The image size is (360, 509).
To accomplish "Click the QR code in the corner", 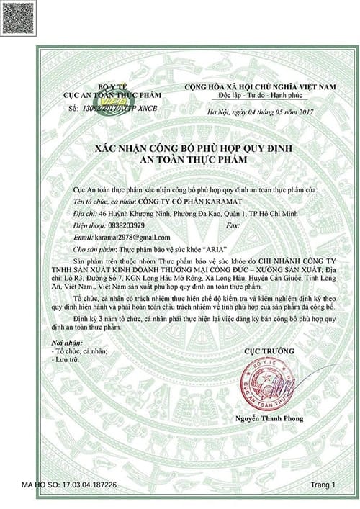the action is (x=17, y=17).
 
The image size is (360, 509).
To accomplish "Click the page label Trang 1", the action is (x=323, y=487).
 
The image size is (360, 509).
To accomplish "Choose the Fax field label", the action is (x=233, y=225).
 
